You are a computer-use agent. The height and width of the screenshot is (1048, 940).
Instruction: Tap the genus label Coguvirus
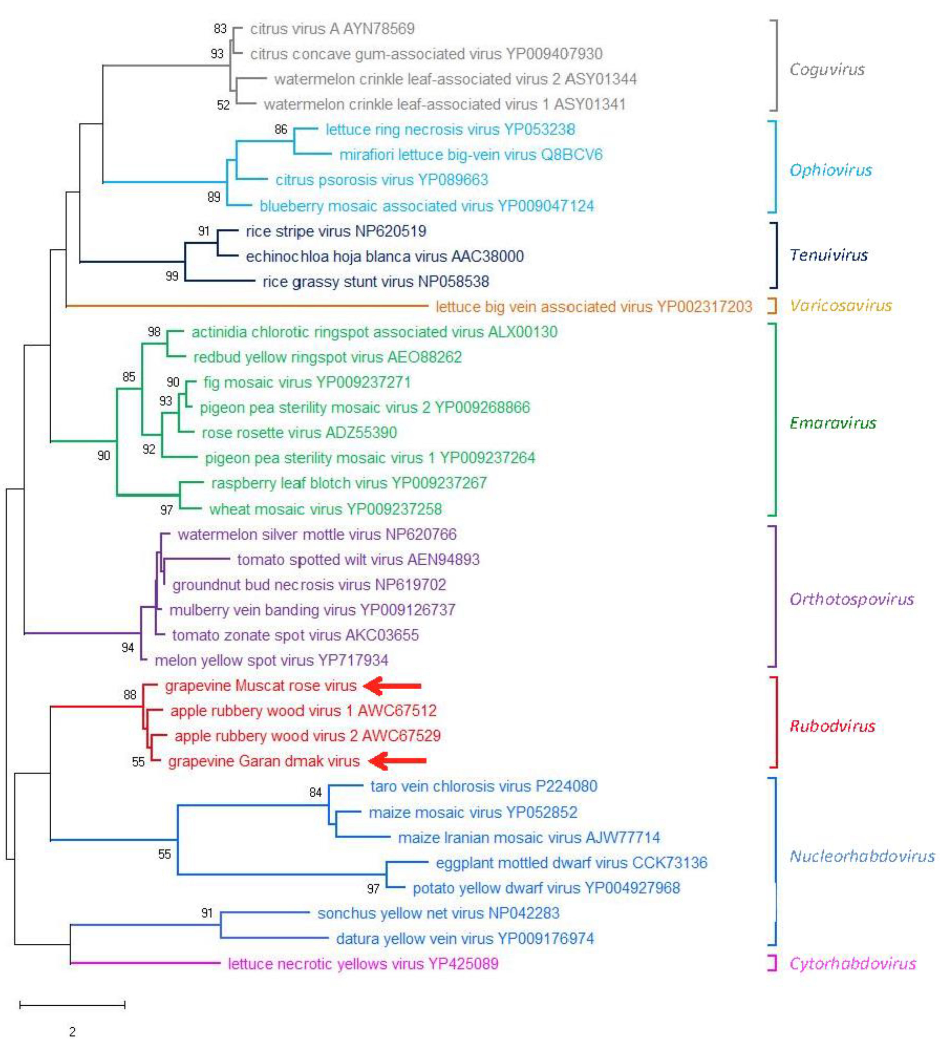click(x=827, y=69)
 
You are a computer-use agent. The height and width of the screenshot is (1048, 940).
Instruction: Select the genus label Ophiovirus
click(x=831, y=170)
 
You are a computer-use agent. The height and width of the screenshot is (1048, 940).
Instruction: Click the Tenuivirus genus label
click(x=829, y=255)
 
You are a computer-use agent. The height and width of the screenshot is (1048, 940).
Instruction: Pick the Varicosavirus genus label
click(x=840, y=305)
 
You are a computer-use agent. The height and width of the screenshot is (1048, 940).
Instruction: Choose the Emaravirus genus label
click(x=832, y=423)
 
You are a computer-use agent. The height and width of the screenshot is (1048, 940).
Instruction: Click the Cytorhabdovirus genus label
click(x=853, y=963)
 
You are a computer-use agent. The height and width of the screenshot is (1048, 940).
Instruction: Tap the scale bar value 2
click(x=72, y=1032)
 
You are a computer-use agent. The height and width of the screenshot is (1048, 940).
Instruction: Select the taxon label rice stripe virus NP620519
click(x=336, y=231)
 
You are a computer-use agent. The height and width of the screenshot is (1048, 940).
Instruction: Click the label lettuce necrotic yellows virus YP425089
click(x=363, y=964)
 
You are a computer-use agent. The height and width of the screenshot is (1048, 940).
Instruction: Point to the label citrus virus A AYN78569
click(x=332, y=28)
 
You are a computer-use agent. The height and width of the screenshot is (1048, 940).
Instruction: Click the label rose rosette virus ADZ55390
click(x=299, y=433)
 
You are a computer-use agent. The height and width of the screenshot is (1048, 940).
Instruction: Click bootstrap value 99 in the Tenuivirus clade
click(x=172, y=276)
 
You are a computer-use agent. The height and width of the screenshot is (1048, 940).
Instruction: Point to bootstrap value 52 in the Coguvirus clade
click(x=223, y=105)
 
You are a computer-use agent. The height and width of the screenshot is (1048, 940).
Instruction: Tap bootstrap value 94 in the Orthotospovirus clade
click(x=128, y=647)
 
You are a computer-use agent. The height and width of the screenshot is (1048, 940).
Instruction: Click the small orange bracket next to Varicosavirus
click(x=772, y=305)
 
